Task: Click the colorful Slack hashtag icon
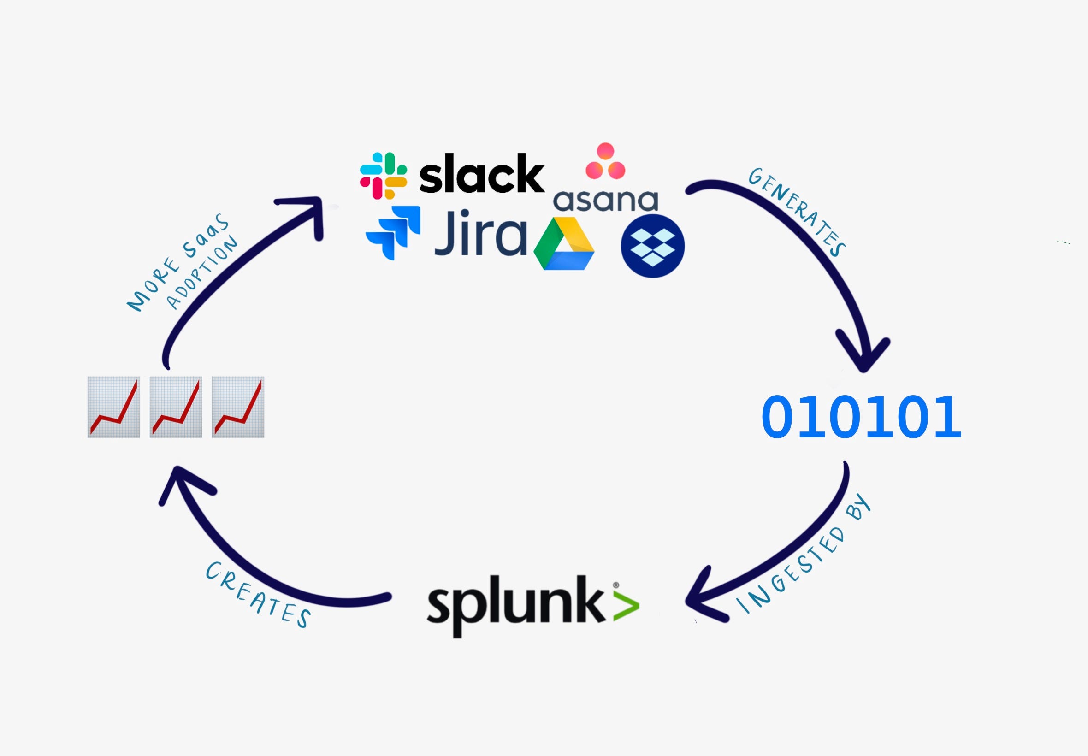383,175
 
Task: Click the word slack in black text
481,173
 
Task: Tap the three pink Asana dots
605,161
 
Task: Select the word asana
606,201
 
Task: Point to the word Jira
480,233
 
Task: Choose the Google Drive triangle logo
564,243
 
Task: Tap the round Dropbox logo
652,245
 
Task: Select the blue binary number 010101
861,417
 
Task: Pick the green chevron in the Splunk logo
626,606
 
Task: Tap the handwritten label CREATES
258,595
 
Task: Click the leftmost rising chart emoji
114,407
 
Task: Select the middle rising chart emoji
176,407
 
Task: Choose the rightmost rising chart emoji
238,407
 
